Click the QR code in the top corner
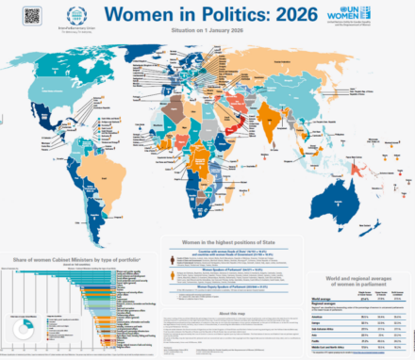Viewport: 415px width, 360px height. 32,15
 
